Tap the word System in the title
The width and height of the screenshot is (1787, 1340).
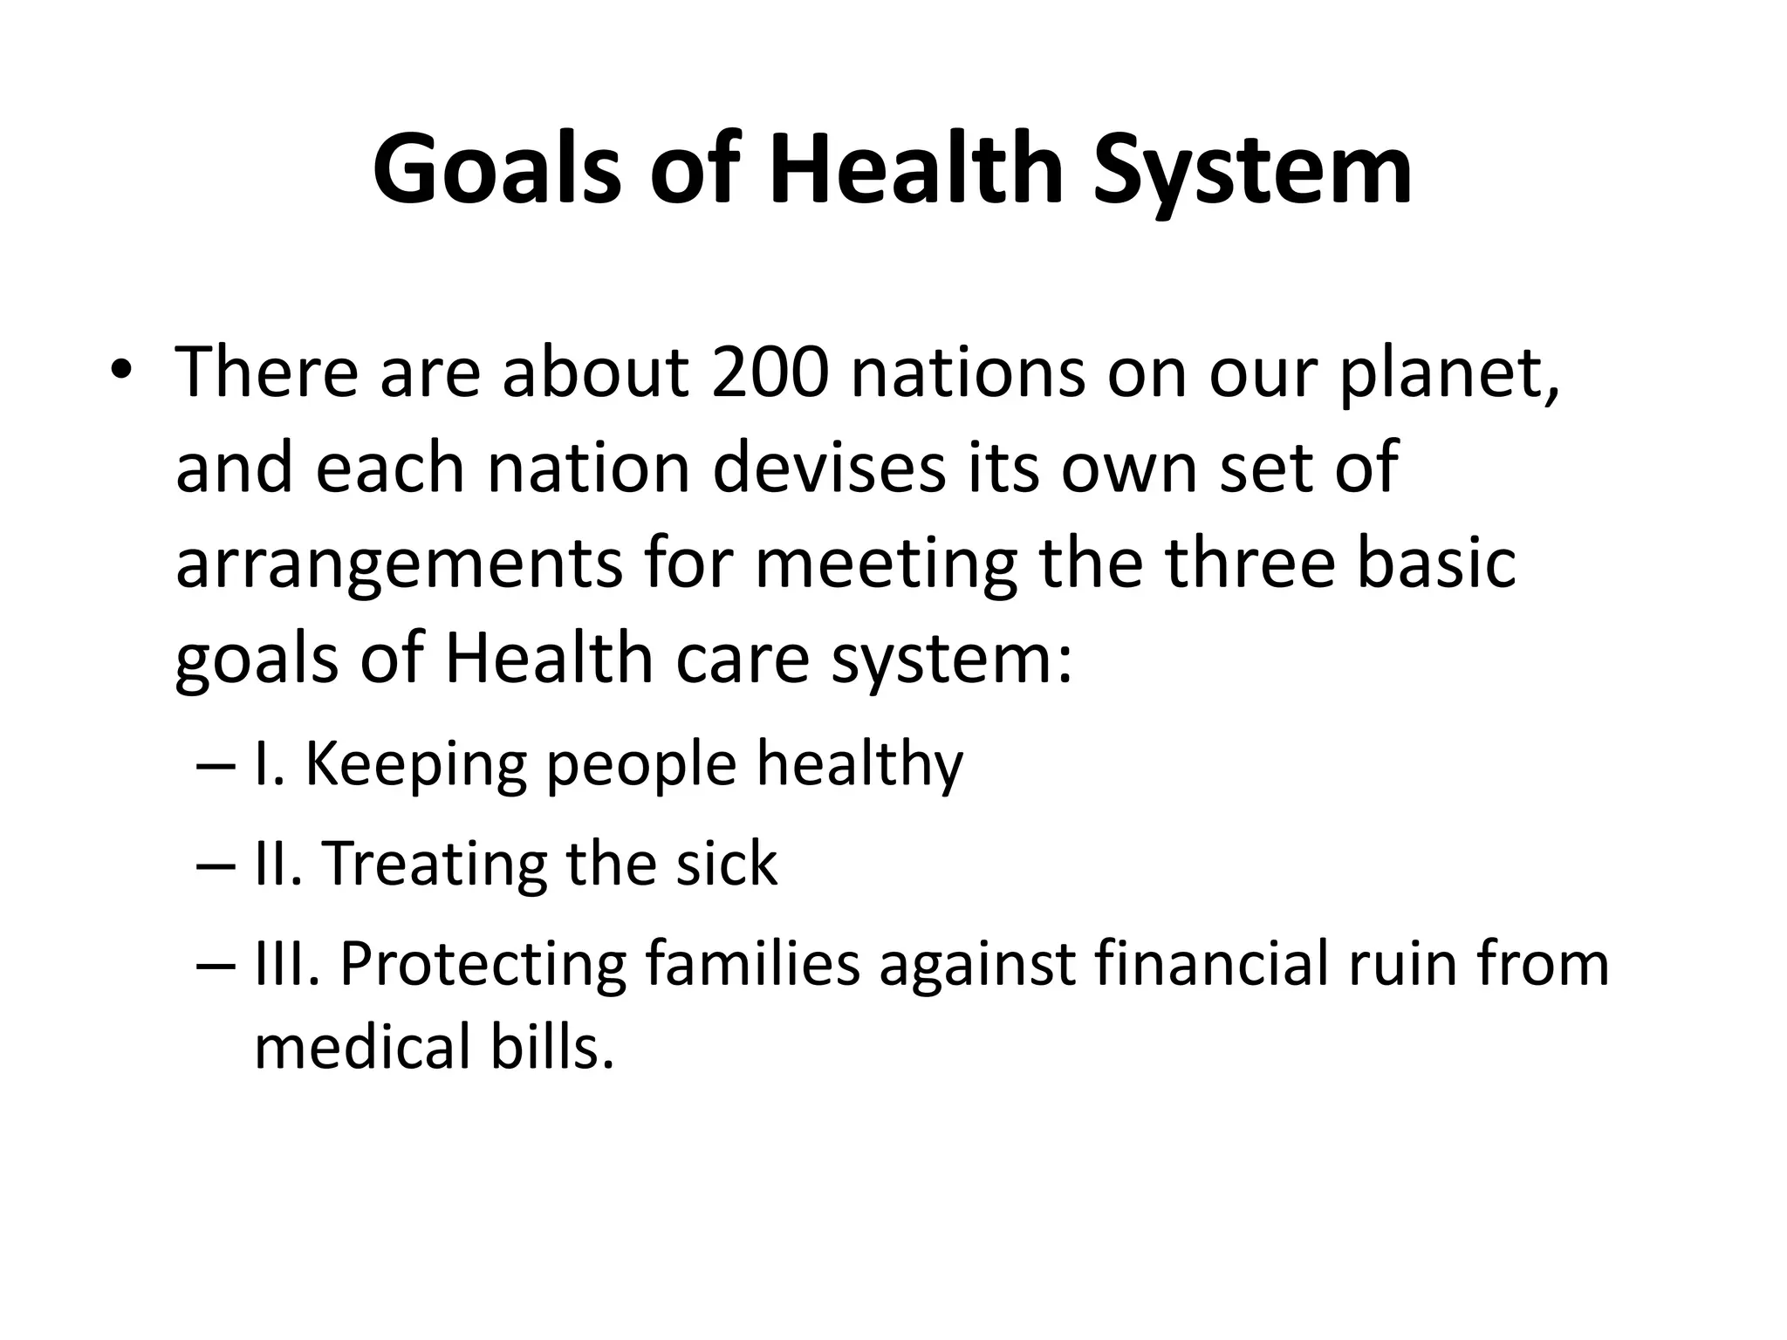[1253, 168]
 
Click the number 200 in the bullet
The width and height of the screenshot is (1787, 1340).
[769, 373]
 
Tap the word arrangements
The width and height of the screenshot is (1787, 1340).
[399, 564]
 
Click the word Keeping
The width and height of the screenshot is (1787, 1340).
[415, 764]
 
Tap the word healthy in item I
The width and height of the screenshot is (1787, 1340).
[859, 764]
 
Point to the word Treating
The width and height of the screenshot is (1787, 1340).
[434, 864]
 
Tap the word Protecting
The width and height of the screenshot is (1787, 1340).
[482, 964]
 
